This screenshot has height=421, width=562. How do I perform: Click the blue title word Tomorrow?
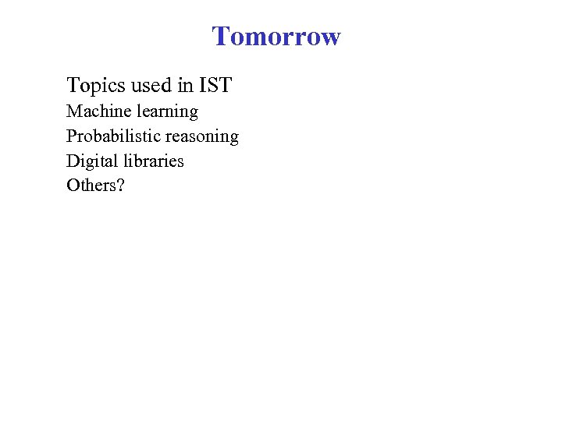tap(276, 37)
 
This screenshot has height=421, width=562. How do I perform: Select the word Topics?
tap(95, 85)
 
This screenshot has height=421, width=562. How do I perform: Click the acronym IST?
tap(216, 85)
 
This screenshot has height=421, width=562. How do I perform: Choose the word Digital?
tap(91, 162)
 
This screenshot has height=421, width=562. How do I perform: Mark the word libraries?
tap(152, 161)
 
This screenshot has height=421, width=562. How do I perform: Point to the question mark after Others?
tap(121, 186)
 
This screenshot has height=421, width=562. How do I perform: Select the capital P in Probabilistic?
tap(72, 136)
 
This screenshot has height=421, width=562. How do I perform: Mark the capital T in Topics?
tap(73, 85)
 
